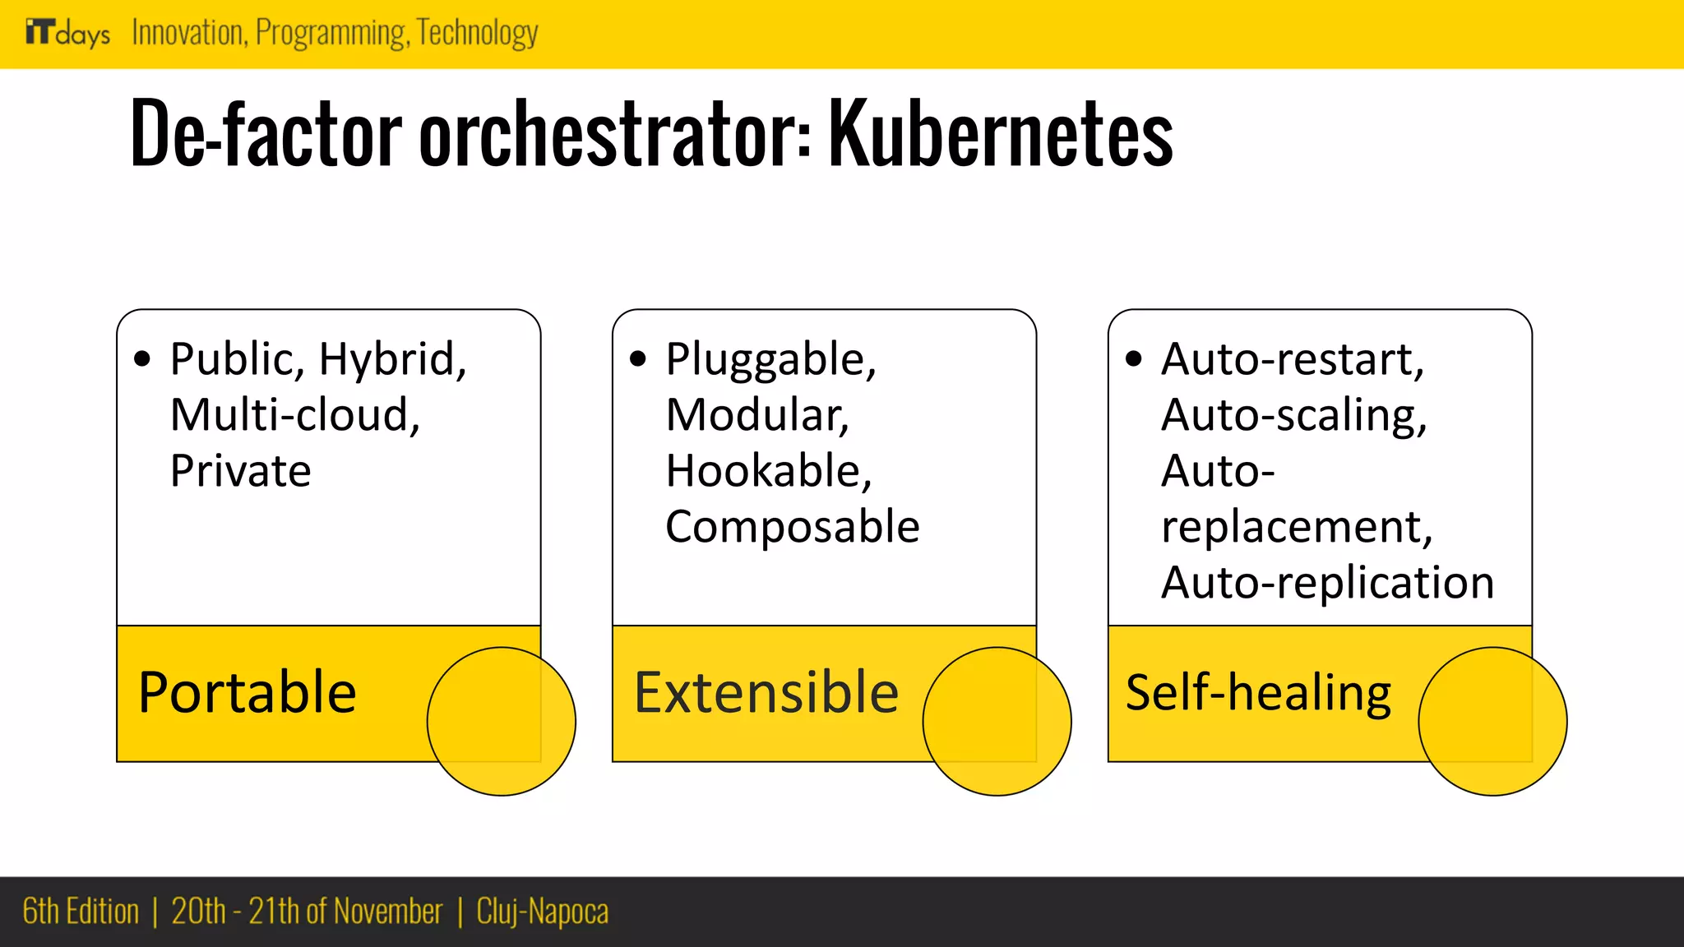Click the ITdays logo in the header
67,33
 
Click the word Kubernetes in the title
1000,134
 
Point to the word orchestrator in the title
615,134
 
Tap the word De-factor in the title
266,134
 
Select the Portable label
247,692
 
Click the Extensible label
766,692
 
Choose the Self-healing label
1258,692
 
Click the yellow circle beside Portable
502,721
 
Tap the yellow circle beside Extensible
997,721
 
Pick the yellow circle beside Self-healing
1492,721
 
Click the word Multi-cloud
294,415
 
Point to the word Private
241,471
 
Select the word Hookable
768,471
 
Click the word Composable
792,526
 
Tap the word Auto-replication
1327,583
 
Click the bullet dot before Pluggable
638,358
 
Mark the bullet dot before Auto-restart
1134,358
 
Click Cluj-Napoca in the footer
543,912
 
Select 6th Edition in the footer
81,912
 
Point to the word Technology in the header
477,33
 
